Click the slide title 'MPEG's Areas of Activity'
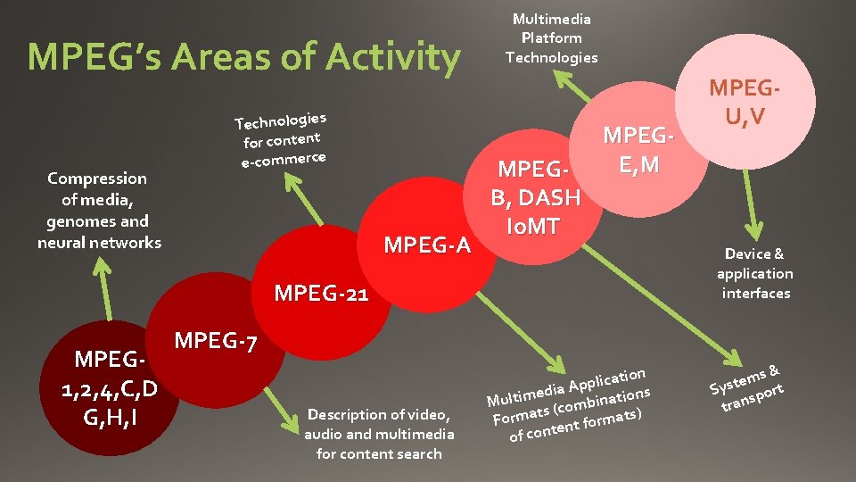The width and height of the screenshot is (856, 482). [243, 58]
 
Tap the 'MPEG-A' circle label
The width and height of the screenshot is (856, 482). [427, 244]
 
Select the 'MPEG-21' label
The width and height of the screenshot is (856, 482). [320, 293]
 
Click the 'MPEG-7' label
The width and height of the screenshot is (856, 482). [216, 341]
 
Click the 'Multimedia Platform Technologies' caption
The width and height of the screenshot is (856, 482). [551, 38]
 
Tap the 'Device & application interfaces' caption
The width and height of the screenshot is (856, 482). [754, 274]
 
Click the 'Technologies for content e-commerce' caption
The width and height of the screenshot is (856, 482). [282, 139]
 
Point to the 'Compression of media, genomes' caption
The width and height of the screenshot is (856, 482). [99, 211]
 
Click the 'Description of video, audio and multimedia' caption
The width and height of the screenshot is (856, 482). [379, 434]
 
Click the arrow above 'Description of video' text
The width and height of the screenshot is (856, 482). [294, 396]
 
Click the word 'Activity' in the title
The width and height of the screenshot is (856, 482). [393, 58]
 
